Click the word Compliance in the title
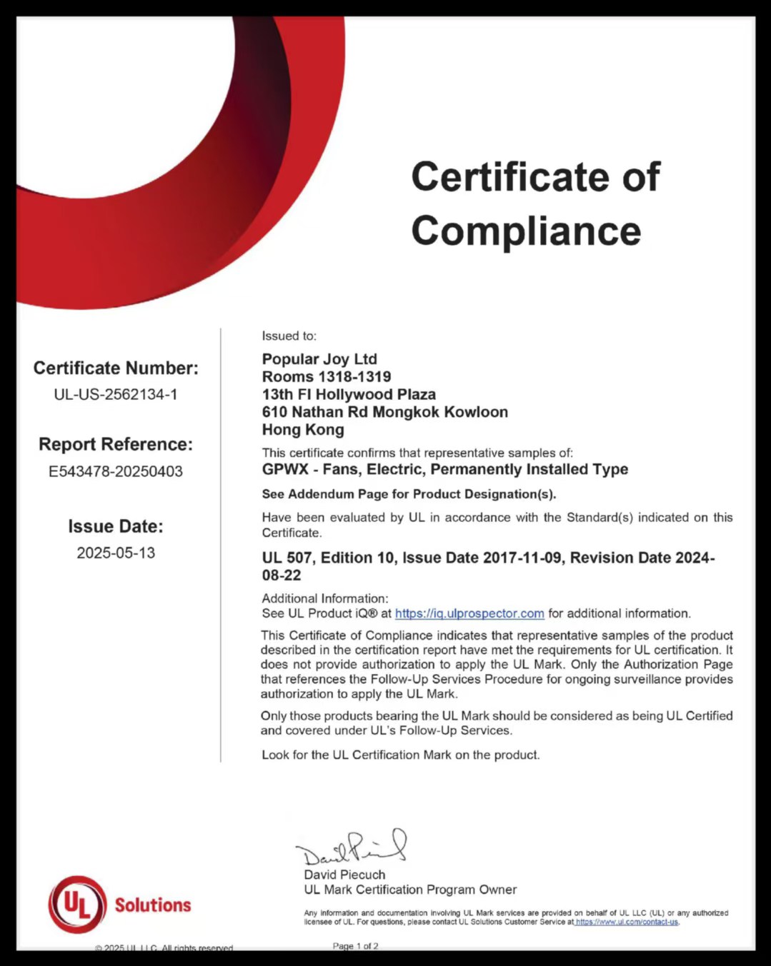click(526, 231)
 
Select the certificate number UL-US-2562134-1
click(116, 394)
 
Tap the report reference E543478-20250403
click(116, 471)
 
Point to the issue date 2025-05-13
click(116, 553)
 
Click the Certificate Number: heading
click(116, 368)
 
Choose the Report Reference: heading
click(116, 444)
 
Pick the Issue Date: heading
click(116, 526)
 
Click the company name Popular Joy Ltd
click(319, 359)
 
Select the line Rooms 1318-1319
click(327, 377)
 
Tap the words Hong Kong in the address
click(303, 430)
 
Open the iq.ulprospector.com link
click(469, 613)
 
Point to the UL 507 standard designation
click(287, 558)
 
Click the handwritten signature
click(352, 847)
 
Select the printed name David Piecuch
click(344, 875)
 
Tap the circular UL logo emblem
click(77, 905)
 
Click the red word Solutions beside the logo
click(153, 905)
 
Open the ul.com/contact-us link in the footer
click(627, 922)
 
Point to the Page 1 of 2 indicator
click(355, 946)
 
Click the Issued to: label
click(289, 336)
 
